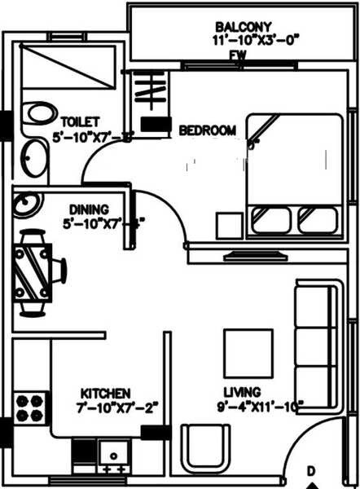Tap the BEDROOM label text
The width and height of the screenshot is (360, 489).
point(208,130)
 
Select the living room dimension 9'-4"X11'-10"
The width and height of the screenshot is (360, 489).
point(260,405)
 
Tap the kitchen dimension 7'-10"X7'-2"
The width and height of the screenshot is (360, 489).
point(116,405)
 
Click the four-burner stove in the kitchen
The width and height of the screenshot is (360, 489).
point(30,406)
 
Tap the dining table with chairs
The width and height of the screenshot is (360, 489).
point(37,272)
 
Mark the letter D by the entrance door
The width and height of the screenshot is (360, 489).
point(310,471)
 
